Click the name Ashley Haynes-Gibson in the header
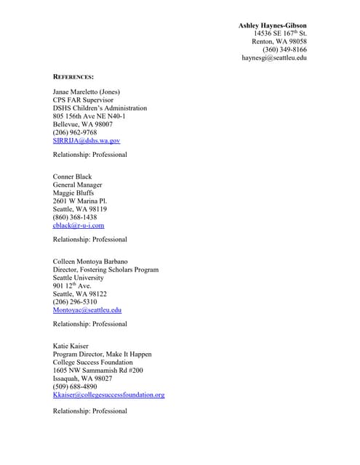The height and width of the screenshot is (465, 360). tap(273, 25)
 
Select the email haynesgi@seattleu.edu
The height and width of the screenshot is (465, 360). tap(274, 58)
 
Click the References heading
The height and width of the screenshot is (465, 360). tap(73, 76)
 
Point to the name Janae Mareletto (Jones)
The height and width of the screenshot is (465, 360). tap(87, 92)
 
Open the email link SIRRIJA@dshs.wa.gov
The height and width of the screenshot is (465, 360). tap(87, 140)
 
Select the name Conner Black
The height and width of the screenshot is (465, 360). tap(73, 177)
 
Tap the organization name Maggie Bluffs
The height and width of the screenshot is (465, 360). tap(73, 193)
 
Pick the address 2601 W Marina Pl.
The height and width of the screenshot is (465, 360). tap(80, 201)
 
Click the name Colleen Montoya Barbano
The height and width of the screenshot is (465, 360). tap(90, 262)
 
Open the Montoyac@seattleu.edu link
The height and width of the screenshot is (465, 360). tap(87, 310)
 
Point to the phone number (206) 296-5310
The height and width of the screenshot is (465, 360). tap(75, 302)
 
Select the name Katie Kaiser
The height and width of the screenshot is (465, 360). tap(72, 346)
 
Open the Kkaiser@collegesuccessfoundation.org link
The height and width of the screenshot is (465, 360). tap(109, 395)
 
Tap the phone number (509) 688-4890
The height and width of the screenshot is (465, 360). tap(75, 387)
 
